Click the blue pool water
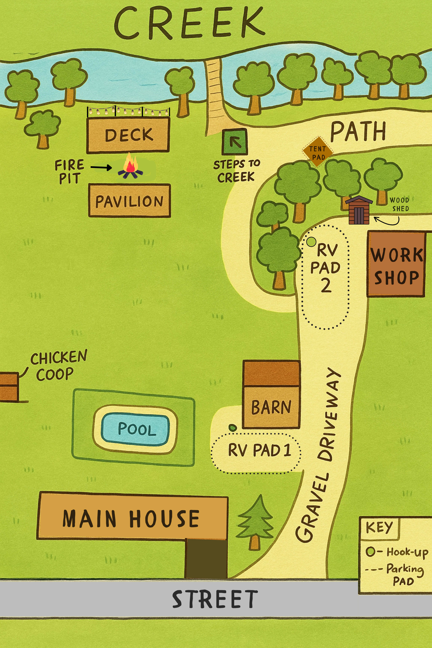point(135,429)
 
